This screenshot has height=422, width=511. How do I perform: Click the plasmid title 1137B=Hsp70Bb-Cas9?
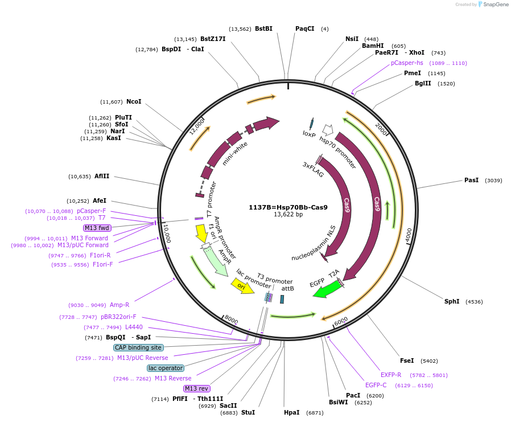point(288,207)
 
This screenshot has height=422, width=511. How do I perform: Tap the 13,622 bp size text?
point(288,215)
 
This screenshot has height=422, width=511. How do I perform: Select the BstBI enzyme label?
point(263,28)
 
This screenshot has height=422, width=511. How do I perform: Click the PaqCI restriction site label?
point(304,28)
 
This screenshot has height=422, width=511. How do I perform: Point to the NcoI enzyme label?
point(134,101)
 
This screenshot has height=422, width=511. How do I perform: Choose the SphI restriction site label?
point(452,301)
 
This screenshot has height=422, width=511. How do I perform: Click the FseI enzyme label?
point(407,360)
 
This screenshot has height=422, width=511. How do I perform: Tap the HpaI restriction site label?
point(291,412)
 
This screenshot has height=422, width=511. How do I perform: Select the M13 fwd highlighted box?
point(97,228)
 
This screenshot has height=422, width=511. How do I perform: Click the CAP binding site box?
point(138,347)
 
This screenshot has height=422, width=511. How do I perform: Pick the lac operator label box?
point(166,368)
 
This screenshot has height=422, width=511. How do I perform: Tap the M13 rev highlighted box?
point(196,388)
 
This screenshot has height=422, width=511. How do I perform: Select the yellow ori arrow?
point(242,285)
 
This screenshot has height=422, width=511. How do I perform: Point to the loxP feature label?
point(309,134)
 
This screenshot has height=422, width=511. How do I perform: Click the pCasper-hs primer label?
point(407,63)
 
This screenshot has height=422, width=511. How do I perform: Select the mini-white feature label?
point(235,153)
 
